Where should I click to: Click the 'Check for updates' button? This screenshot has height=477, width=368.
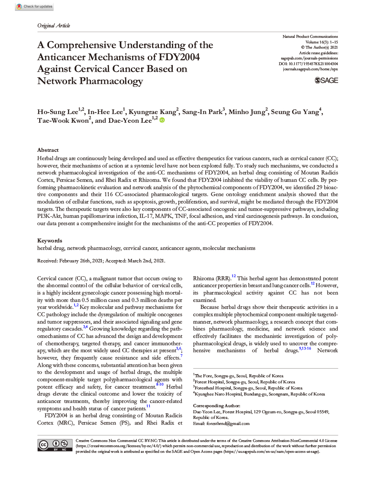[34, 7]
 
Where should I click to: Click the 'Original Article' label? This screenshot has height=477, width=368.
[54, 26]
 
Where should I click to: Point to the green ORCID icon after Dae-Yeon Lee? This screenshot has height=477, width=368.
[162, 121]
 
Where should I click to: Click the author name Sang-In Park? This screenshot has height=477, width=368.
[203, 112]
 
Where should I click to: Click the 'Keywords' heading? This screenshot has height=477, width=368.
[50, 240]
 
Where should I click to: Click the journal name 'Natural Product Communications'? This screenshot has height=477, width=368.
[310, 36]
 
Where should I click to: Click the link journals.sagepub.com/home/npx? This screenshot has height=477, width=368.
[310, 69]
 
